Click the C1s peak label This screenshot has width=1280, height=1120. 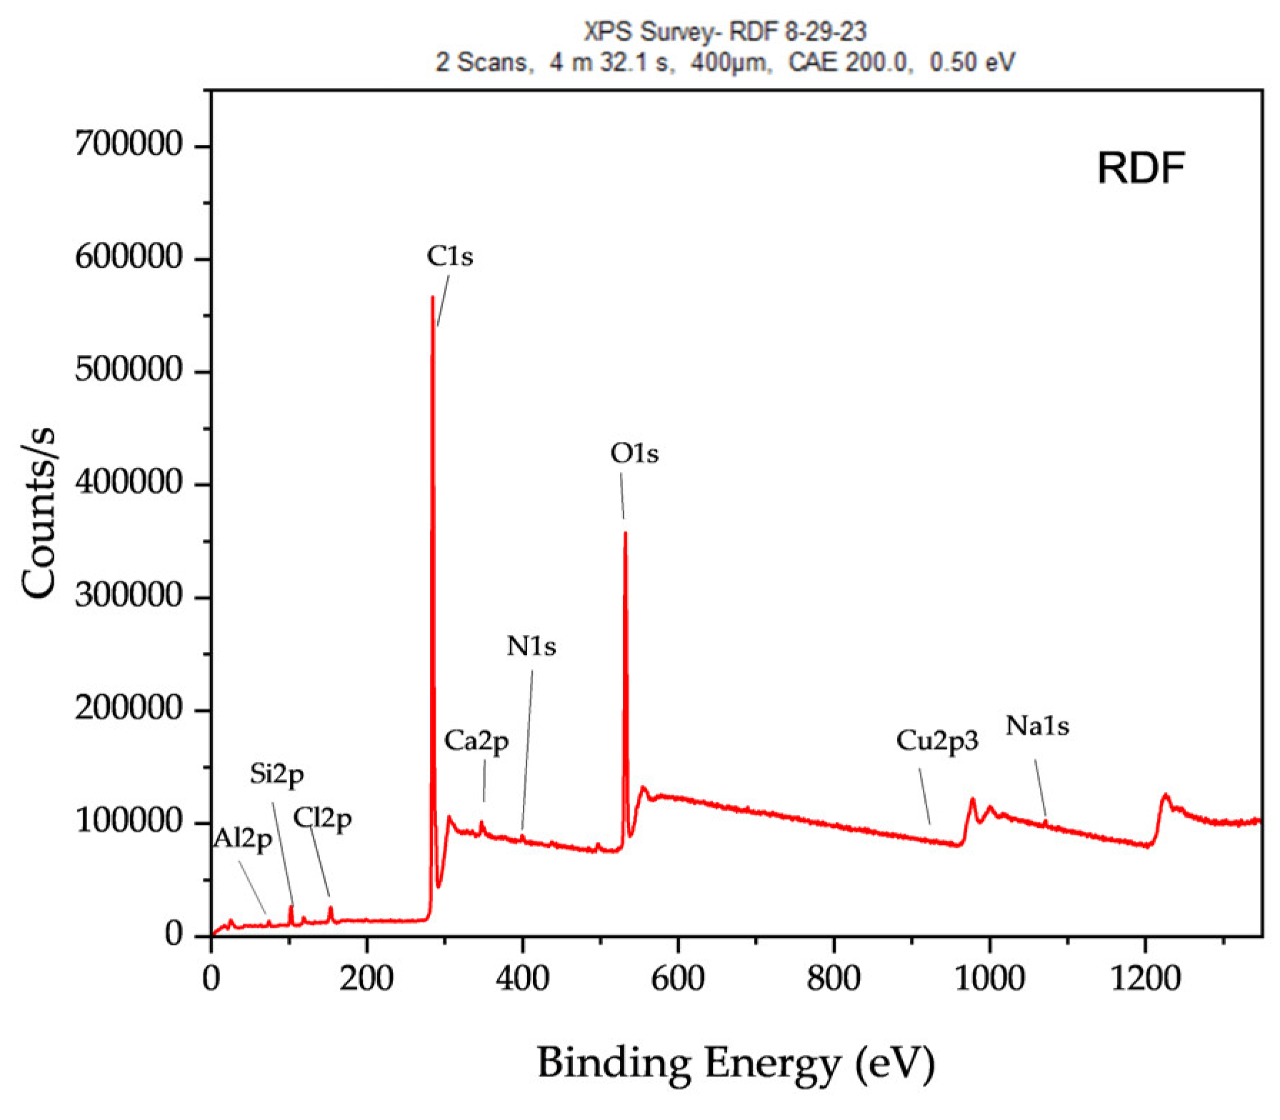coord(449,256)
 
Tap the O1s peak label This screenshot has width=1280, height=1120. coord(634,454)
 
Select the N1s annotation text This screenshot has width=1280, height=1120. coord(531,646)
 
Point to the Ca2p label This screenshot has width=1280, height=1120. coord(476,741)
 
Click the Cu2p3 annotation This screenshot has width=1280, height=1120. coord(937,741)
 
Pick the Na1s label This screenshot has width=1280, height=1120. coord(1037,726)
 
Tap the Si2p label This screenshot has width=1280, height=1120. coord(277,774)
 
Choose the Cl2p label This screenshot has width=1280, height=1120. coord(323,819)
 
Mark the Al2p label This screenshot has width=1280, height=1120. coord(243,839)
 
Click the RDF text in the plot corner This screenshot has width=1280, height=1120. coord(1141,169)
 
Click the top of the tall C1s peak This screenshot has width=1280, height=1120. coord(432,297)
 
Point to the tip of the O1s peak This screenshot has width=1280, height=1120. coord(625,533)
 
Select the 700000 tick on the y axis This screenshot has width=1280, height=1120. coord(129,145)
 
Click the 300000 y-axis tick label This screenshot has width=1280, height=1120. coord(129,596)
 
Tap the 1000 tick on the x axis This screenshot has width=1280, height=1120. coord(989,978)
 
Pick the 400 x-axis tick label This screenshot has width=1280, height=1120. coord(522,978)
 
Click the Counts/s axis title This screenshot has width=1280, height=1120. coord(39,512)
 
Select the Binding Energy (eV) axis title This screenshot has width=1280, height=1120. coord(736,1063)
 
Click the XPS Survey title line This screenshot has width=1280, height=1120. coord(725,31)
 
